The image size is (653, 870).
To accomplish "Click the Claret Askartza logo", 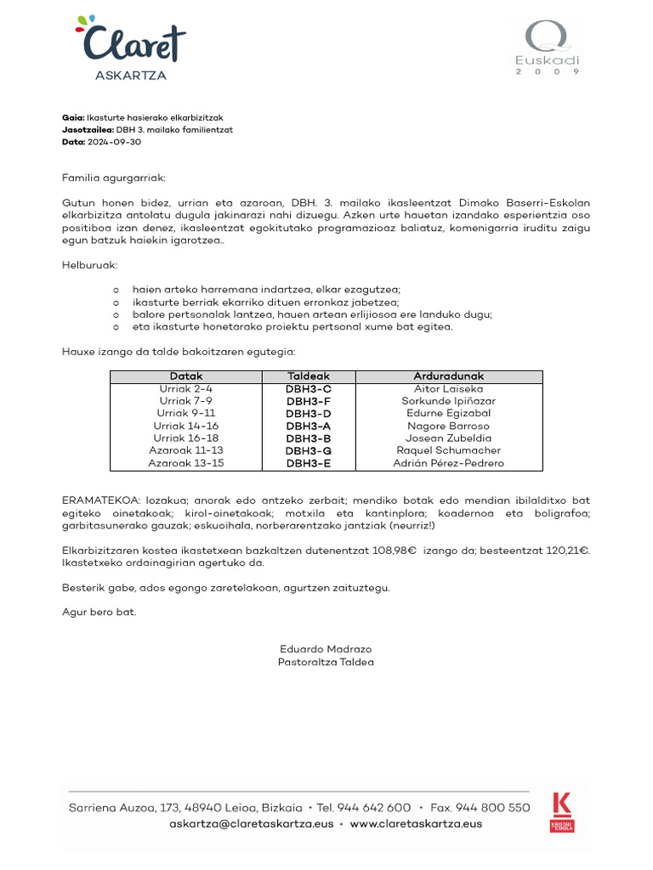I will (x=131, y=48).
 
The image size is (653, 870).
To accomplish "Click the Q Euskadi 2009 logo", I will (x=548, y=48).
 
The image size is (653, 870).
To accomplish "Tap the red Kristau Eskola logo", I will (x=562, y=811).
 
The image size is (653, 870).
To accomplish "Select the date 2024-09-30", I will (x=114, y=142).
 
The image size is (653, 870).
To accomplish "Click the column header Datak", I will (x=186, y=376).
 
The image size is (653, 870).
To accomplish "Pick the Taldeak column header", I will (x=309, y=376).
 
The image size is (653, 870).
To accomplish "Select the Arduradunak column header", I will (x=448, y=376).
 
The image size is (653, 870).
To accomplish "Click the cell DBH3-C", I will (x=309, y=389).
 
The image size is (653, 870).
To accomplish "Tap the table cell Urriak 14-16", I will (x=186, y=426).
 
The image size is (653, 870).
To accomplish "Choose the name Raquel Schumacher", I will (x=448, y=450).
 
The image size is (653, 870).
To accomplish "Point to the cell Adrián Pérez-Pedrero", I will (x=448, y=463).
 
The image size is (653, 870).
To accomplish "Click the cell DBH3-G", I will (x=309, y=450).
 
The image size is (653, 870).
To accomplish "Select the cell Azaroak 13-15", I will (x=186, y=463).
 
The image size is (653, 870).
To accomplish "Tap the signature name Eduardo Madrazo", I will (x=326, y=649).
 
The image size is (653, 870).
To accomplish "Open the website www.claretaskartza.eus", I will (x=416, y=823).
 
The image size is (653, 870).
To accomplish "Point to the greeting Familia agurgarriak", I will (x=114, y=178).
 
